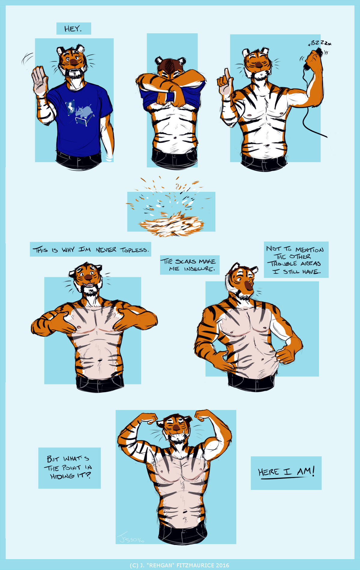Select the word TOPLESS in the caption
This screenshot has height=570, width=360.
134,250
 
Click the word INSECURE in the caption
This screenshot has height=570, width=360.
199,269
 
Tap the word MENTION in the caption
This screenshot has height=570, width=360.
309,250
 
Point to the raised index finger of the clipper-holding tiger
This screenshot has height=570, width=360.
227,74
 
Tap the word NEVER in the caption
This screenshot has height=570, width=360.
106,250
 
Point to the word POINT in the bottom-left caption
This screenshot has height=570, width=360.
71,468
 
